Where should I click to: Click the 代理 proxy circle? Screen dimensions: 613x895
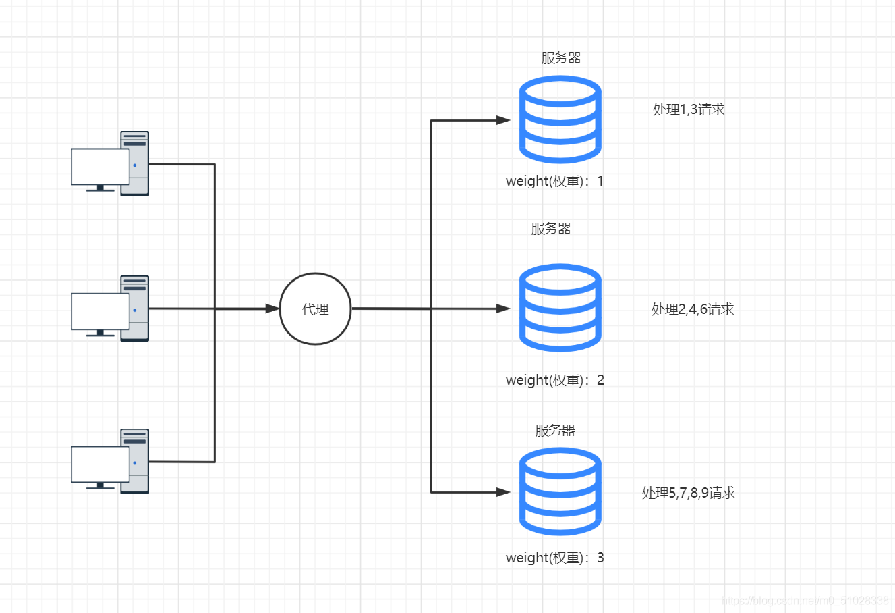coord(315,309)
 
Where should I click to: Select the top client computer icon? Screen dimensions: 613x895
coord(111,164)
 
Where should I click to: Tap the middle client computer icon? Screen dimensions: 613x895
coord(111,309)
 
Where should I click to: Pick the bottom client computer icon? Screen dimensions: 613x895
coord(111,462)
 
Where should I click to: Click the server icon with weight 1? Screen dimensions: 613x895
coord(560,119)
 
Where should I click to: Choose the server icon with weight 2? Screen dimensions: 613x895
coord(560,308)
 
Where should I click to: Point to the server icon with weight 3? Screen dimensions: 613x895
coord(560,491)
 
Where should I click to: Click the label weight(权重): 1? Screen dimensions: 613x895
coord(554,181)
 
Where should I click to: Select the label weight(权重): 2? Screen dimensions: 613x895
coord(554,380)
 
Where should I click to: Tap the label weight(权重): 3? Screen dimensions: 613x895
coord(554,558)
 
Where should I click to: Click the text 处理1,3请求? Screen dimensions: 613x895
coord(689,109)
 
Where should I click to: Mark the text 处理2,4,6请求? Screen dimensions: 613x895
coord(693,309)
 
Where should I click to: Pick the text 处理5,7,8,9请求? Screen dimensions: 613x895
coord(689,493)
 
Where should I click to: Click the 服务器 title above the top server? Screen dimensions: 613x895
coord(561,58)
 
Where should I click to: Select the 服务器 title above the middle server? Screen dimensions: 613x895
coord(551,229)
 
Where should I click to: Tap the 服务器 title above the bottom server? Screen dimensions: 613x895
coord(555,431)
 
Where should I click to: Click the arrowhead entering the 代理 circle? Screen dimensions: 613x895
coord(272,309)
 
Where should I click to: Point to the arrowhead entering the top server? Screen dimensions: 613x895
coord(503,120)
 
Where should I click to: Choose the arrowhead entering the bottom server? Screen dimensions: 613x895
coord(503,492)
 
